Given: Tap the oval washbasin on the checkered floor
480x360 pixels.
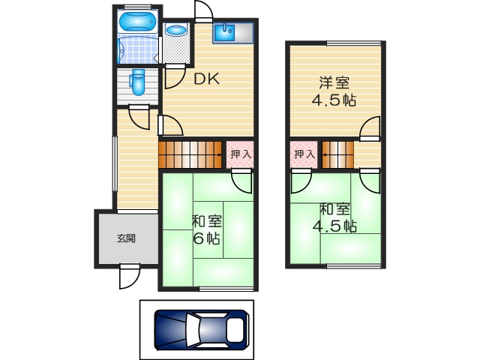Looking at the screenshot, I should [176, 31].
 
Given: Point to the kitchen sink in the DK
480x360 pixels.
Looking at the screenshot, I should [224, 32].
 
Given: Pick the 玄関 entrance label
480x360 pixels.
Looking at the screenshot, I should [126, 238].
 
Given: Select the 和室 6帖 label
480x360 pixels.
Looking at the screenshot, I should [205, 230].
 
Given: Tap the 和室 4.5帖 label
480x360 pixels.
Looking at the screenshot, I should [334, 217].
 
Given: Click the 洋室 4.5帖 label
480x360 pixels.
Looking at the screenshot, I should [334, 91].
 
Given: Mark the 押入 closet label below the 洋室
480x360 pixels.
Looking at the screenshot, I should [304, 154].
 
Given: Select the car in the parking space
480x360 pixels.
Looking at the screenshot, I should [200, 327].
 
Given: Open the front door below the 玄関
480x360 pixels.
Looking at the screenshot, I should [129, 277].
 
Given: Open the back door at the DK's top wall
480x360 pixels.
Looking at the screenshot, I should [203, 10].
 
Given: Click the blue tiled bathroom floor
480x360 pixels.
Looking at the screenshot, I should [136, 49].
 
